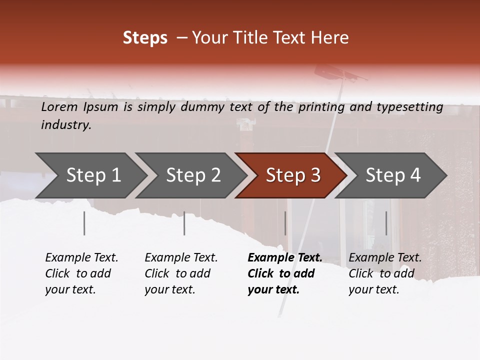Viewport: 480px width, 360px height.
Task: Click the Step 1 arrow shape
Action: [x=93, y=175]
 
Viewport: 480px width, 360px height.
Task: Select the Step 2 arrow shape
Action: [x=193, y=175]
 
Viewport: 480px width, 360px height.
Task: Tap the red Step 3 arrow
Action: [x=293, y=175]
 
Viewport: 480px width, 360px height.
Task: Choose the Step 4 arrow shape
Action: [x=393, y=175]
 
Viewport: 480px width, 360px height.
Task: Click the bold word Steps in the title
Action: [x=145, y=38]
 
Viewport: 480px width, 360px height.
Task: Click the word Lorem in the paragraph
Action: [x=59, y=106]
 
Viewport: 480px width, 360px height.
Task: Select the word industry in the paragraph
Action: [x=65, y=125]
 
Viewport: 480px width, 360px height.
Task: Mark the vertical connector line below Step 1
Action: [x=84, y=223]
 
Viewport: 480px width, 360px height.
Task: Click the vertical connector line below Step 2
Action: [x=184, y=223]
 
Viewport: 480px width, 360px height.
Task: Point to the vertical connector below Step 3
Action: [x=285, y=223]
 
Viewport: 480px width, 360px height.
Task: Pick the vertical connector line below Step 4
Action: [x=386, y=223]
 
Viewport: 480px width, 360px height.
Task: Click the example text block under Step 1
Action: [x=81, y=273]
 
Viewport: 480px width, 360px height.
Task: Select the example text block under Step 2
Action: [x=181, y=273]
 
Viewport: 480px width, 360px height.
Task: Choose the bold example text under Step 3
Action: [x=284, y=273]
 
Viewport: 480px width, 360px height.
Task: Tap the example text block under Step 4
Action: [x=385, y=273]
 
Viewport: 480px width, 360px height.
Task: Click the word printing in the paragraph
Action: [x=321, y=106]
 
